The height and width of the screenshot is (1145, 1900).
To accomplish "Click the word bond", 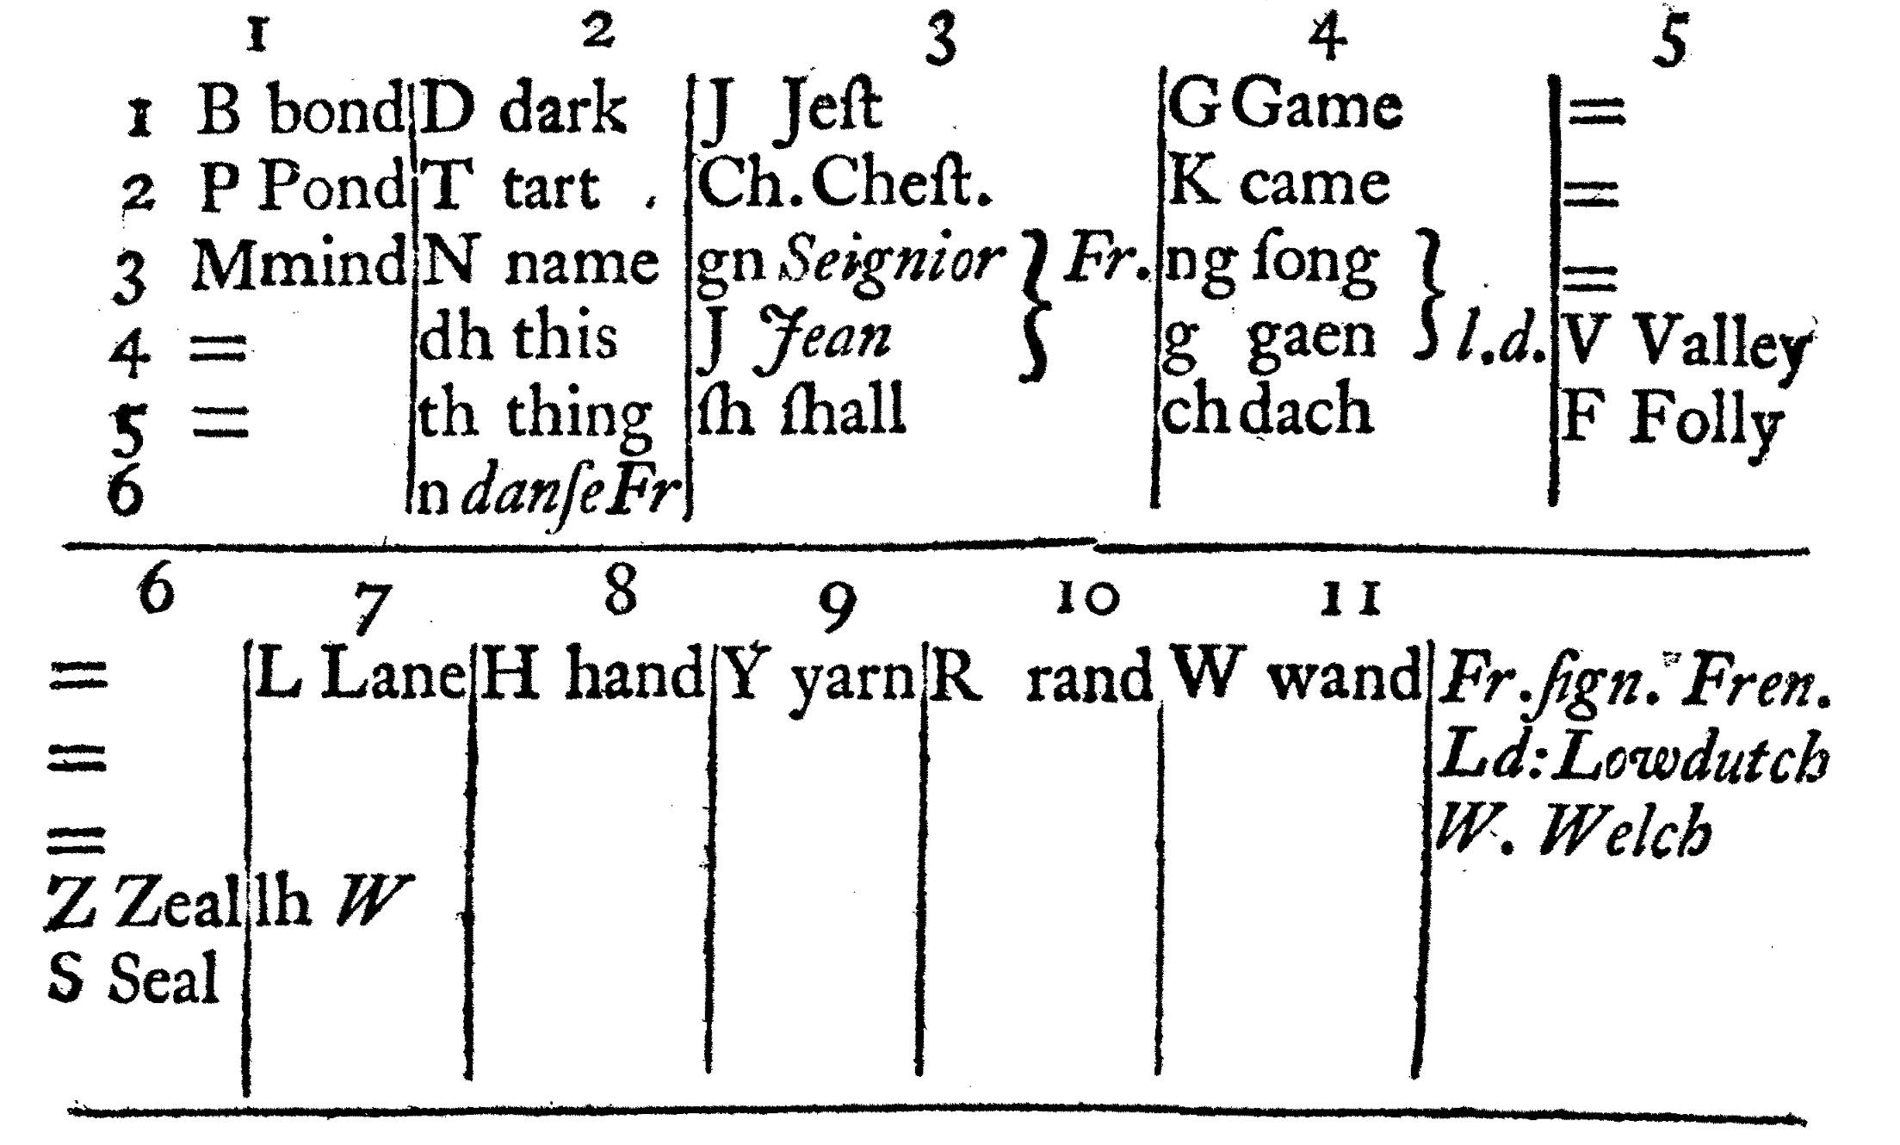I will pos(336,111).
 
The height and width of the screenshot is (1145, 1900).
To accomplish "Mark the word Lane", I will pos(393,677).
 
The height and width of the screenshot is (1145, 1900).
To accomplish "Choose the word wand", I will pos(1344,677).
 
